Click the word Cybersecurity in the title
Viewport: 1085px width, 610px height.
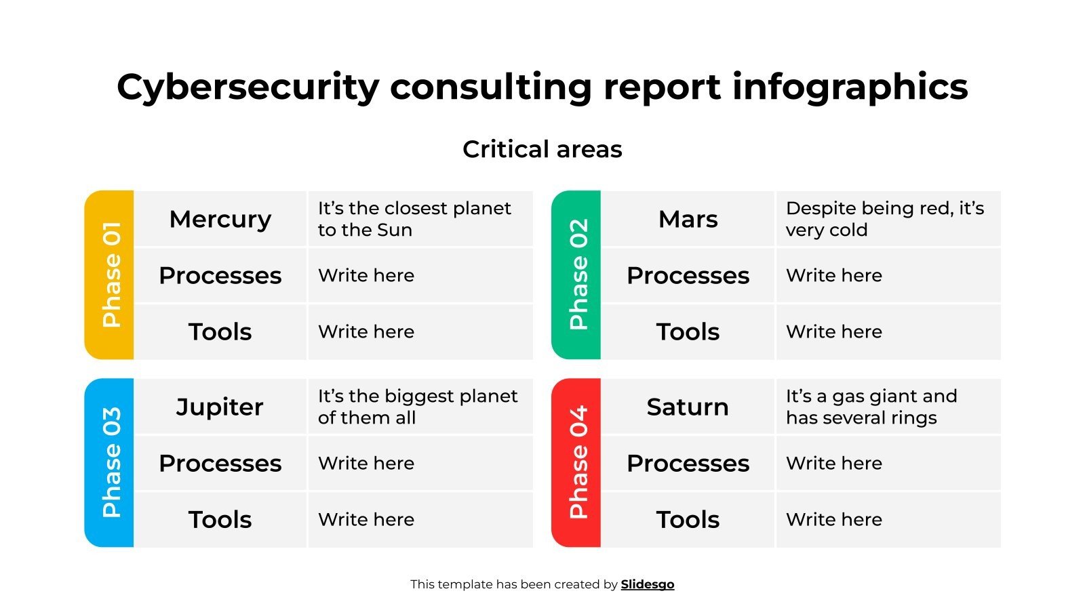point(248,87)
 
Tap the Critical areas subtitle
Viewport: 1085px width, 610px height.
point(542,149)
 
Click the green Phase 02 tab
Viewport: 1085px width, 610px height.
point(577,274)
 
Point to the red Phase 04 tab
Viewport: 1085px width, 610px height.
point(577,463)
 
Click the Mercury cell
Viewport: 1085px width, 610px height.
point(220,219)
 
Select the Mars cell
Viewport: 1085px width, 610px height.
point(688,219)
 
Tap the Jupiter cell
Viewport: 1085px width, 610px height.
point(220,407)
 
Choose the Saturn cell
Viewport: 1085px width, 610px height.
point(688,407)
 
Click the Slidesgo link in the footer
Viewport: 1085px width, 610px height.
point(648,584)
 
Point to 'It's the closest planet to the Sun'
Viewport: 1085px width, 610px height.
point(414,219)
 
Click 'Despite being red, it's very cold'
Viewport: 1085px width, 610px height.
point(884,219)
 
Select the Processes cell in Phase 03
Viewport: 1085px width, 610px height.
point(220,464)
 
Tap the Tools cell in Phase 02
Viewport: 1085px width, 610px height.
point(688,332)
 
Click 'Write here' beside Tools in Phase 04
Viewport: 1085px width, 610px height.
point(834,520)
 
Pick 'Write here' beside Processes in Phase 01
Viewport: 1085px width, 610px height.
point(366,276)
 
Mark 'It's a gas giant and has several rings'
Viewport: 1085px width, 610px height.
point(871,407)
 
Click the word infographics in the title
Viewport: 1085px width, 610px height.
point(850,87)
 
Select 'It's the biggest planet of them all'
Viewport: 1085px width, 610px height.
point(417,407)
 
